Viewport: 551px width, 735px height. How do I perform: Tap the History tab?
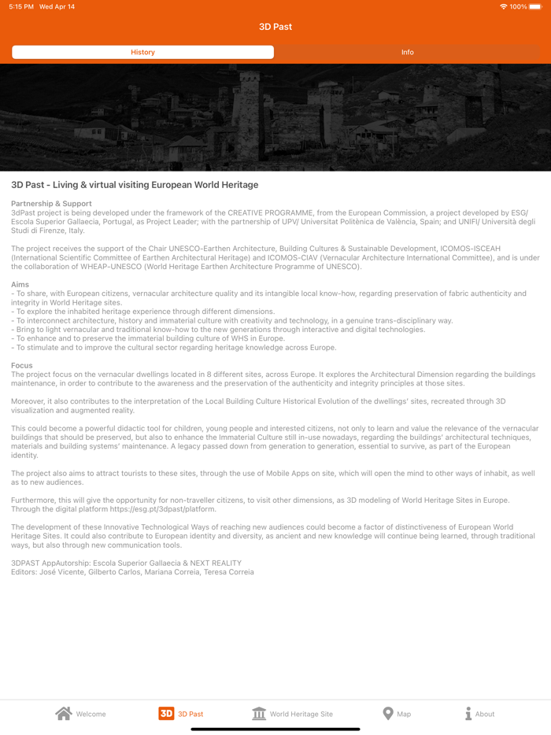142,52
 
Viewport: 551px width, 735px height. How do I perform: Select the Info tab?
407,52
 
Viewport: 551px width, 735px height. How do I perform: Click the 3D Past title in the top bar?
275,27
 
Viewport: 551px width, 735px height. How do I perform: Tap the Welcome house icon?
64,713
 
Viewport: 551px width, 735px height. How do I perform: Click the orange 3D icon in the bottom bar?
166,713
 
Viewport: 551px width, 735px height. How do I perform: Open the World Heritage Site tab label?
301,714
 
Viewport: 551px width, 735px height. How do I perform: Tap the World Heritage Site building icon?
259,713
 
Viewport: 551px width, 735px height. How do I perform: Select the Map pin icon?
387,713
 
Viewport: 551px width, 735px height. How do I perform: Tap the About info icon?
468,713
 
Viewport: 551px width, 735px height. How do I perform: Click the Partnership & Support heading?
51,204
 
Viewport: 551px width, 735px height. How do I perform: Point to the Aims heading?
20,284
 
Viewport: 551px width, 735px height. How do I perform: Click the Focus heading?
22,365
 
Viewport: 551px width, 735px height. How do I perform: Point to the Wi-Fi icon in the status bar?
503,7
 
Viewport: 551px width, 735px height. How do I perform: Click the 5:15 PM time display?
21,7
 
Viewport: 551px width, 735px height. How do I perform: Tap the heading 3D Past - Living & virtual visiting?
135,185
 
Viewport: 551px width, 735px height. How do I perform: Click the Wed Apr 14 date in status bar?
57,7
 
